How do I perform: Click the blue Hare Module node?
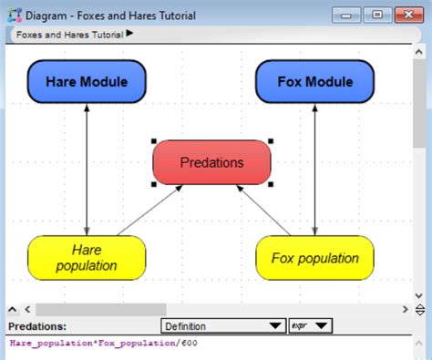coord(87,82)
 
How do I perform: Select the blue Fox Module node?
coord(314,82)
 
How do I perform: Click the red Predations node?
coord(211,162)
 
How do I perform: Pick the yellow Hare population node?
coord(87,257)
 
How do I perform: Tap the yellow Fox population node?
coord(314,257)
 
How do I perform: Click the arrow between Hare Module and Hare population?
coord(87,169)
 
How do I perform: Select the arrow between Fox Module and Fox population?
coord(314,169)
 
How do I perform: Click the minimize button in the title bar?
coord(347,15)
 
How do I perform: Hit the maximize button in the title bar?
coord(377,15)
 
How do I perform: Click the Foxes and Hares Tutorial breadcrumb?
coord(68,34)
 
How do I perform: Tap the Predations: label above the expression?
coord(37,325)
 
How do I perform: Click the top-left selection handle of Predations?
coord(153,141)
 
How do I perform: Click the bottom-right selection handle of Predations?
coord(271,184)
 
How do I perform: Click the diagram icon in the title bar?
coord(12,15)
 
